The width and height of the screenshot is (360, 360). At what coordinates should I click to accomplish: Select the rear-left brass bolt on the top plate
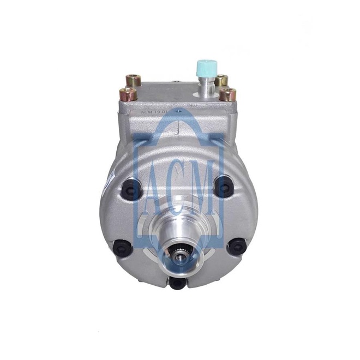pyautogui.click(x=134, y=81)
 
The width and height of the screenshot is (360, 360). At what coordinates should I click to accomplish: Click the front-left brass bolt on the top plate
pyautogui.click(x=128, y=94)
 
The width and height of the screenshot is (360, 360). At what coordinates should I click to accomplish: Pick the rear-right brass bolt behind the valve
pyautogui.click(x=221, y=81)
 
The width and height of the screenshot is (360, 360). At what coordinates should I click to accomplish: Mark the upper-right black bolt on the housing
pyautogui.click(x=224, y=186)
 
